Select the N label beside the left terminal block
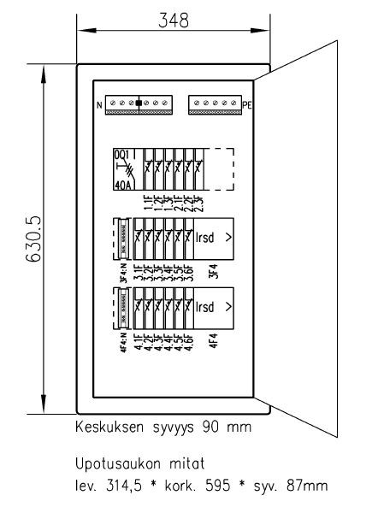pos(99,106)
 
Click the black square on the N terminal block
pos(138,103)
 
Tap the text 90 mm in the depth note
pos(228,425)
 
